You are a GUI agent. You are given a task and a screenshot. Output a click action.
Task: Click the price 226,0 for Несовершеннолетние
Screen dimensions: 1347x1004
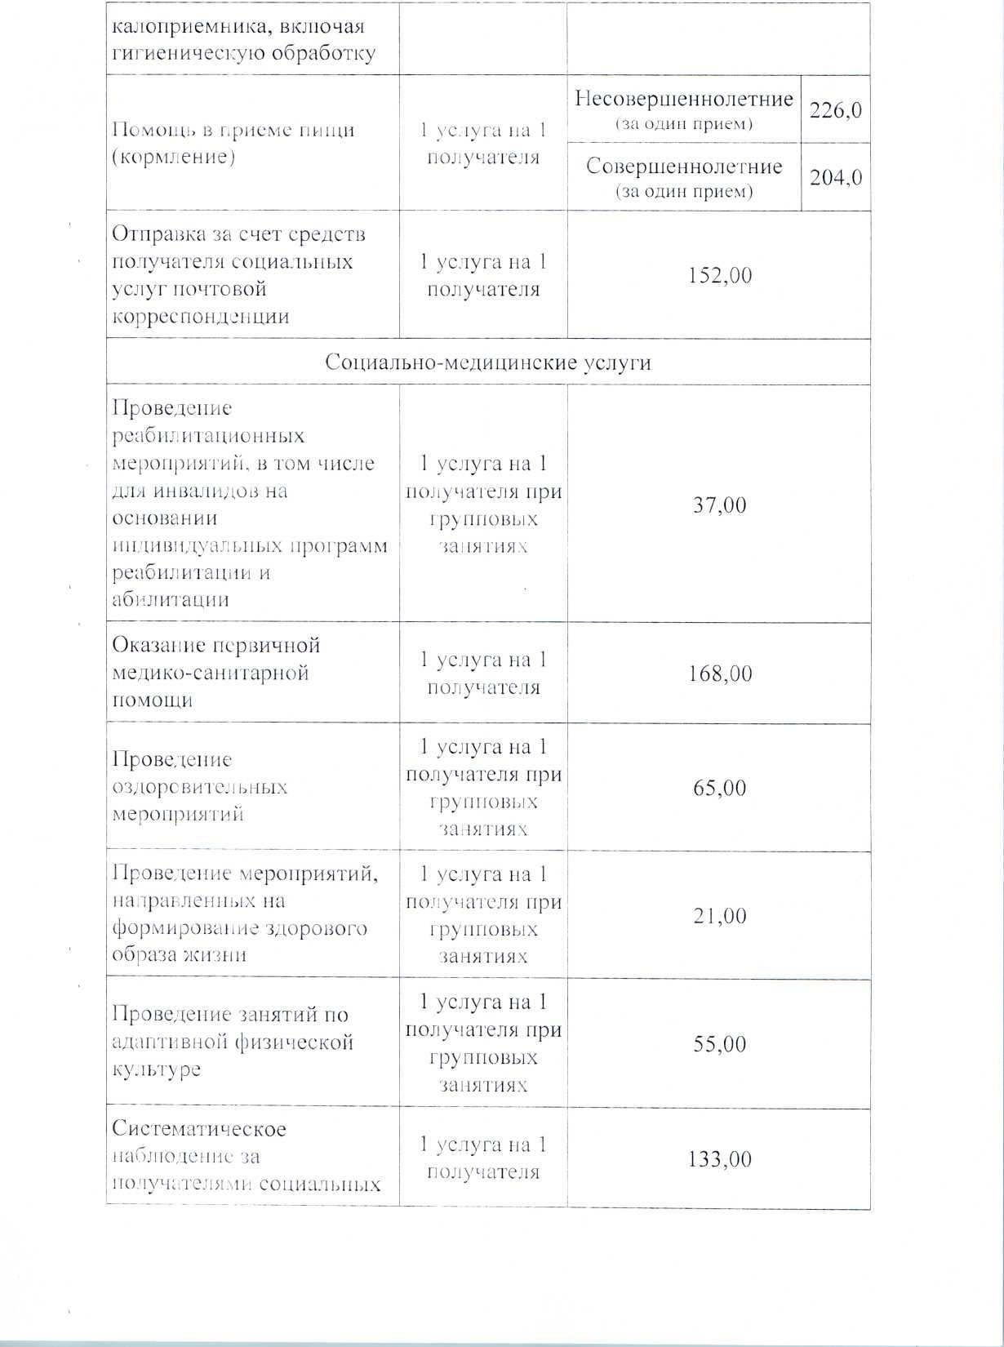pos(835,109)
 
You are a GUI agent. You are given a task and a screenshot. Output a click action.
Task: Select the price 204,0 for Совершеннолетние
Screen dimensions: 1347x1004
pos(835,177)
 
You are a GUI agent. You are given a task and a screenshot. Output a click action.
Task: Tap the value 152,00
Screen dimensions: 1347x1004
pos(719,275)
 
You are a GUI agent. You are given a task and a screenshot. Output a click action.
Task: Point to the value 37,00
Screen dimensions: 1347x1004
pos(719,505)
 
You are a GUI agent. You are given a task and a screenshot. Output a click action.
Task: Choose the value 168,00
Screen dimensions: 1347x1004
pos(719,673)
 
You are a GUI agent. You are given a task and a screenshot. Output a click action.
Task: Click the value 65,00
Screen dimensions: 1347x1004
pos(719,788)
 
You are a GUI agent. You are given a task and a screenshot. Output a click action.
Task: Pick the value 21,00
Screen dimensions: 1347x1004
pos(719,915)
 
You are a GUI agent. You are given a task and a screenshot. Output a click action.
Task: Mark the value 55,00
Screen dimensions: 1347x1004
pos(719,1043)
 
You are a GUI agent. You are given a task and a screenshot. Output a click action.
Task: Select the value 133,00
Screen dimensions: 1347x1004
pos(719,1159)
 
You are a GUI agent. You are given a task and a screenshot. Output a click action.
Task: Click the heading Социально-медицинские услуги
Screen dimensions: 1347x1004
pos(487,362)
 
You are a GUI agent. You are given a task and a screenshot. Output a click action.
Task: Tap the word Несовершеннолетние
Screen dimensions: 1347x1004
pos(683,99)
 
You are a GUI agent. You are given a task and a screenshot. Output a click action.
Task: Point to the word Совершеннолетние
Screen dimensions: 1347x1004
pos(683,167)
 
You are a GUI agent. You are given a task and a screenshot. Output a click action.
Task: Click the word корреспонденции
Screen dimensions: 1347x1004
pos(200,317)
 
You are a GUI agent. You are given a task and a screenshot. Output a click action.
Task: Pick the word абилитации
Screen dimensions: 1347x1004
pos(170,599)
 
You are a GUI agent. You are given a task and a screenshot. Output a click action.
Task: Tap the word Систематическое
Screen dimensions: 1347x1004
pos(198,1129)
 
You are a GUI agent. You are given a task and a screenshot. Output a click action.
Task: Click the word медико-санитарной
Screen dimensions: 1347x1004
pos(210,673)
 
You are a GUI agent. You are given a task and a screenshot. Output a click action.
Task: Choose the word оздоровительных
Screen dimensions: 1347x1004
pos(199,788)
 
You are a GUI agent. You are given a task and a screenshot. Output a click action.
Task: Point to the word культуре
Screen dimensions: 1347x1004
pos(156,1069)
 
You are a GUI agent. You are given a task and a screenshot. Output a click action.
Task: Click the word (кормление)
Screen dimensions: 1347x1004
pos(173,157)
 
